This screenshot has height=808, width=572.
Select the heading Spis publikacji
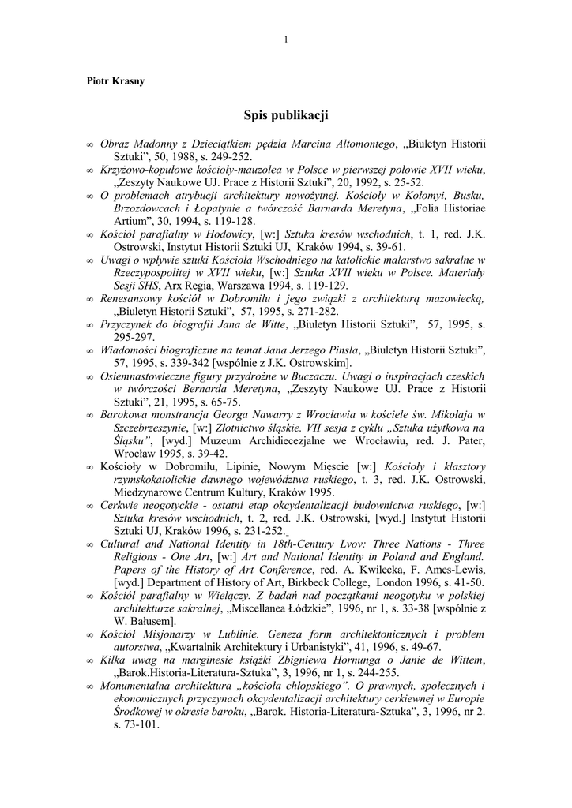tap(285, 116)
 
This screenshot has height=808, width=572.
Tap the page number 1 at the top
tap(285, 39)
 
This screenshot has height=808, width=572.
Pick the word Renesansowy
tap(134, 299)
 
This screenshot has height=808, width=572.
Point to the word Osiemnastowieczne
tap(150, 376)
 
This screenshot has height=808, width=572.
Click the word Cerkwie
tap(121, 504)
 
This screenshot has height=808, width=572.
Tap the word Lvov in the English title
tap(341, 543)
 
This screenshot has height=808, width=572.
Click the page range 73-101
tap(137, 724)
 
